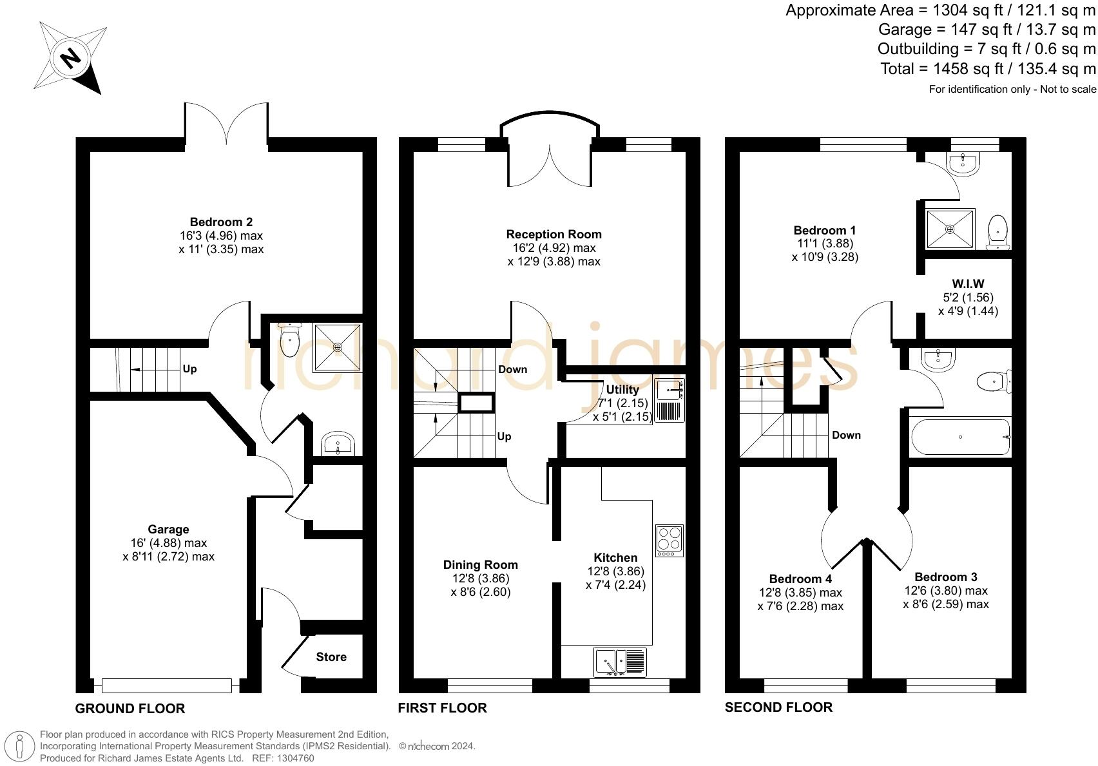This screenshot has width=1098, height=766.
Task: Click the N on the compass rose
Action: click(71, 58)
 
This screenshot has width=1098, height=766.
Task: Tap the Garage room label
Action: click(168, 530)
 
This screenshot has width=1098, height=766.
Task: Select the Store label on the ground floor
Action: click(331, 656)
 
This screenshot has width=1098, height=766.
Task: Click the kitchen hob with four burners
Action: click(669, 541)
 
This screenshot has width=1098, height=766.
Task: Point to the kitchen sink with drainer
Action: click(620, 662)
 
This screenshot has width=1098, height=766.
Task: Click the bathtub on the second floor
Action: click(959, 437)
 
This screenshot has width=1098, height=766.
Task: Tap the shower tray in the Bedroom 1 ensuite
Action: click(950, 229)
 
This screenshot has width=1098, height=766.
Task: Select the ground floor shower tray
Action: click(337, 347)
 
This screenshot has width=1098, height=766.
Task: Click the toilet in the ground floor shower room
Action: click(290, 339)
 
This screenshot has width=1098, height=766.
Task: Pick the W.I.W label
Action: click(968, 283)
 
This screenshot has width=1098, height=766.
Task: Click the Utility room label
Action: click(622, 390)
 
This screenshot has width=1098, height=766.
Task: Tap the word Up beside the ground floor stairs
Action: click(189, 369)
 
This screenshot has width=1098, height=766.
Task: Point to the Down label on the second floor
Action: click(846, 436)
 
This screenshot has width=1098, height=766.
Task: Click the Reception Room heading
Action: click(554, 235)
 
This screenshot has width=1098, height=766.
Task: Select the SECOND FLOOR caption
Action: click(778, 707)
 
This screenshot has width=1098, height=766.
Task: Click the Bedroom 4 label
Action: click(800, 579)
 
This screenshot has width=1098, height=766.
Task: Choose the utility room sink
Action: click(669, 390)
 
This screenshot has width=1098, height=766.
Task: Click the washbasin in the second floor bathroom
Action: click(938, 359)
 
